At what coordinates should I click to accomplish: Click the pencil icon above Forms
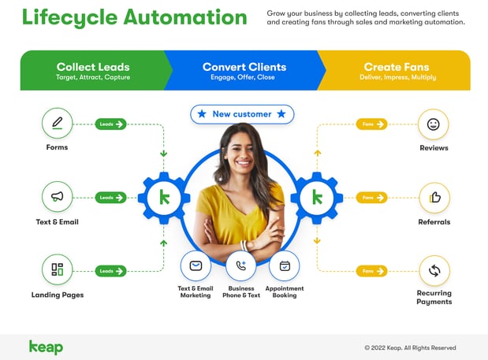pos(57,124)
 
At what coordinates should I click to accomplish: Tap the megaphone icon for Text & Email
pos(57,196)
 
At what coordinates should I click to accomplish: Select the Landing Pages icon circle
pos(57,269)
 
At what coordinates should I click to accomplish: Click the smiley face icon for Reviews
pos(434,124)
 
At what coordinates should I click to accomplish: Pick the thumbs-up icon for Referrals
pos(434,198)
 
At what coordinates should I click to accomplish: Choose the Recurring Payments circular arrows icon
pos(434,270)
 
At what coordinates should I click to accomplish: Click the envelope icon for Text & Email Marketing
pos(196,265)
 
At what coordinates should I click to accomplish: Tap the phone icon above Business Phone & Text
pos(240,265)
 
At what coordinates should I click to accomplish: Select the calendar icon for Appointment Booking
pos(285,265)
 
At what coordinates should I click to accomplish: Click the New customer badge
pos(242,114)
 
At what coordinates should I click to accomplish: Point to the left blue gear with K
pos(164,197)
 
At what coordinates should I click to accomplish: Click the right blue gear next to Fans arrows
pos(317,197)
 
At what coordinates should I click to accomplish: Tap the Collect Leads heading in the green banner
pos(93,67)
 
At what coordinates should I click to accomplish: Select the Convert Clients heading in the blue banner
pos(244,67)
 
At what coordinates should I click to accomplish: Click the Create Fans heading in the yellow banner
pos(397,67)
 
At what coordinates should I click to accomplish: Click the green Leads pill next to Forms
pos(110,124)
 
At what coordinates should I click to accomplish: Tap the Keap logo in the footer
pos(46,347)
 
